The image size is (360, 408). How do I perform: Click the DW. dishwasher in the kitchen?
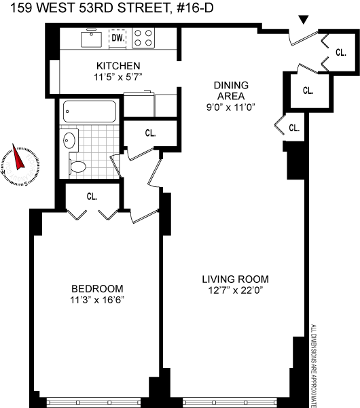click(118, 38)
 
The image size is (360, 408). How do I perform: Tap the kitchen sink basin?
click(91, 39)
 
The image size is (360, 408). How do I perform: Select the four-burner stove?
click(143, 38)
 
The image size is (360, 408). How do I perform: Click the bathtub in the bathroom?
click(90, 112)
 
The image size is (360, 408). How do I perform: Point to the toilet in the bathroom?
click(77, 167)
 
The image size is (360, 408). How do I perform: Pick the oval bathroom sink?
click(69, 141)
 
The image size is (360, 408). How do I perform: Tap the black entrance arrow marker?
click(304, 20)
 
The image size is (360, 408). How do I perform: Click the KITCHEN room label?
click(118, 66)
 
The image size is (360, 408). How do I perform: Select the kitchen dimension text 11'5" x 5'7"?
click(118, 78)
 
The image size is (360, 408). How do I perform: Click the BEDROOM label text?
click(97, 289)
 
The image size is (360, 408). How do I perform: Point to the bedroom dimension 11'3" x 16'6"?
click(97, 301)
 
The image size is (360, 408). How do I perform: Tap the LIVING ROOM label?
click(236, 279)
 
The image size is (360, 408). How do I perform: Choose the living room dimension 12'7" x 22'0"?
click(236, 290)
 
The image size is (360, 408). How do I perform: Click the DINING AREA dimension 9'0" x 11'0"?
click(231, 107)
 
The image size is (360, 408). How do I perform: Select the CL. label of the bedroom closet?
click(92, 197)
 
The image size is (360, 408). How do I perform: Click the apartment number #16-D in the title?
click(195, 7)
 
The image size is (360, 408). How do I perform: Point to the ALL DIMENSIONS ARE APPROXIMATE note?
click(314, 366)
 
